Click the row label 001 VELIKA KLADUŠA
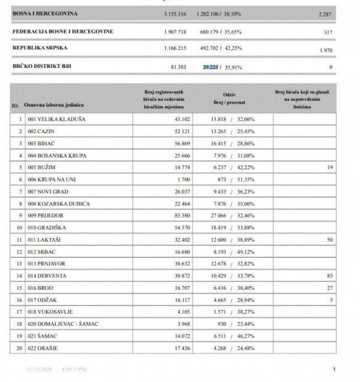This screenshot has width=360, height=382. [x=55, y=120]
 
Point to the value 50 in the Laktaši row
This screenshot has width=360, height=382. [x=328, y=240]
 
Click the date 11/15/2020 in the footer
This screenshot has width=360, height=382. [x=40, y=370]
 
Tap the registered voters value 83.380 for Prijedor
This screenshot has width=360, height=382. [x=178, y=216]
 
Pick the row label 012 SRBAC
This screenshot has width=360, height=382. [x=42, y=251]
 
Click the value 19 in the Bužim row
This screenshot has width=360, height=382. [x=329, y=169]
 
